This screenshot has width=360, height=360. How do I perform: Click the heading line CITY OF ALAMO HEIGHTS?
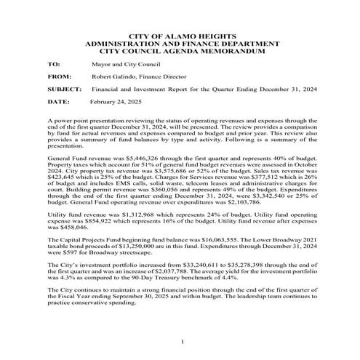pos(180,36)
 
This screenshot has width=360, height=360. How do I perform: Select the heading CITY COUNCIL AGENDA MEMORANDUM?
pos(180,52)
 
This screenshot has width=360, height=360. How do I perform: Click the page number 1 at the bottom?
pos(180,341)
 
